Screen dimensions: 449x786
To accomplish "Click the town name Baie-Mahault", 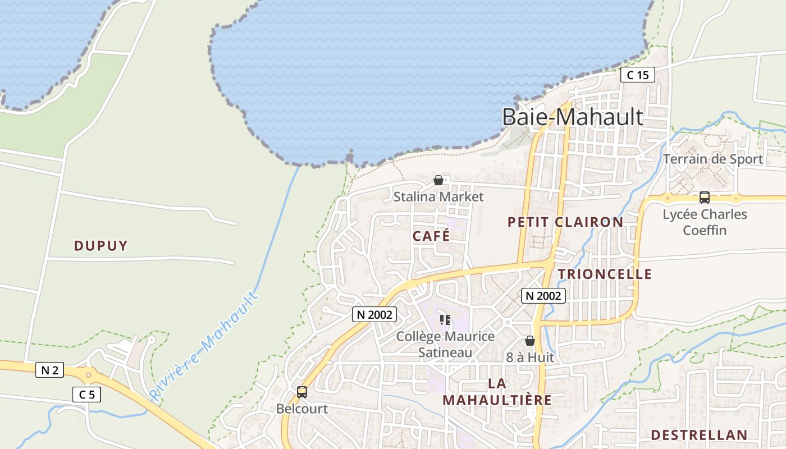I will [x=572, y=117].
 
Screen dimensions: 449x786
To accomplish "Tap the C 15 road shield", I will [x=638, y=75].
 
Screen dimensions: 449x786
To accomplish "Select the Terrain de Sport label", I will [x=713, y=159].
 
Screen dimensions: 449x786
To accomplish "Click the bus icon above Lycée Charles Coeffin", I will [x=704, y=197].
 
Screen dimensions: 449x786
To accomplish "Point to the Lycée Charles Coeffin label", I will [x=705, y=222].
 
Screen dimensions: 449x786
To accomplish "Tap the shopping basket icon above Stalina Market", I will [x=438, y=180].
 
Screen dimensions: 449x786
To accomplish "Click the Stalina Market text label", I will [x=438, y=197].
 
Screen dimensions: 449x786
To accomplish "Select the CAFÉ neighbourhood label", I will [x=431, y=236].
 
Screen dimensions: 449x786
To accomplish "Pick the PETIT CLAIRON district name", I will [x=565, y=222].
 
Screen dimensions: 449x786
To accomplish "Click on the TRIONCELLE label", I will [x=605, y=274].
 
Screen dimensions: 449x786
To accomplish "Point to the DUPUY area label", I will [x=101, y=245].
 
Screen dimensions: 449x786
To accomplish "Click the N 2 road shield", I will [x=50, y=370].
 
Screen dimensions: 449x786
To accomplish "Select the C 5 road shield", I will [x=86, y=395].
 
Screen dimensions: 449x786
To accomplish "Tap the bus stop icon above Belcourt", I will [x=302, y=392].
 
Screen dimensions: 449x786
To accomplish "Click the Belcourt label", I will [x=302, y=409].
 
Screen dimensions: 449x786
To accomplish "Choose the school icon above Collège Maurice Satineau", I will [x=445, y=320].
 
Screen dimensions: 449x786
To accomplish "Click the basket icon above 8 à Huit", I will [x=529, y=341].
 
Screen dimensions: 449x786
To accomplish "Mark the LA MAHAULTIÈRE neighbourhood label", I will [x=497, y=392].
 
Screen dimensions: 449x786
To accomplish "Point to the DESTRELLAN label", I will [x=699, y=435].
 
